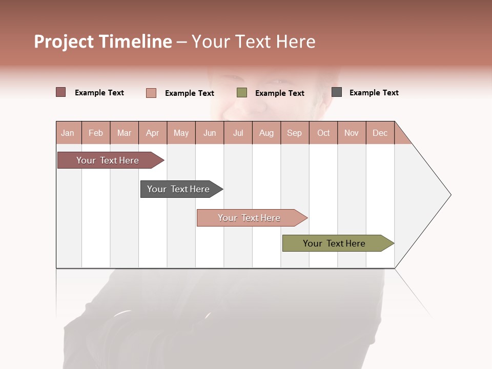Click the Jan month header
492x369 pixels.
coord(68,133)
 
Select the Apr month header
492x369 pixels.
coord(152,133)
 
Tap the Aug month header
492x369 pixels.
coord(266,133)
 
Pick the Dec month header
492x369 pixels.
coord(380,133)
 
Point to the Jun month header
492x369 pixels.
coord(209,133)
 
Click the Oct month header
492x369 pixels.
coord(323,133)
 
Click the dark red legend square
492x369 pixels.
coord(60,92)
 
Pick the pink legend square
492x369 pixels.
coord(151,93)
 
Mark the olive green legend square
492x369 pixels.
coord(241,93)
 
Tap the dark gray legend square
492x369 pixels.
coord(336,92)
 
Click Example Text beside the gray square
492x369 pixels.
coord(374,93)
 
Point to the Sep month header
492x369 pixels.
coord(294,133)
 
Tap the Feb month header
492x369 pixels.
coord(95,133)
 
